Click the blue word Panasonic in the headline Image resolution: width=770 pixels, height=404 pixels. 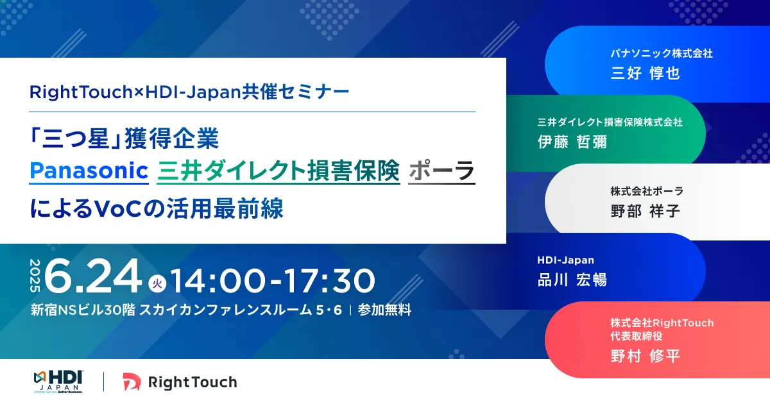89,171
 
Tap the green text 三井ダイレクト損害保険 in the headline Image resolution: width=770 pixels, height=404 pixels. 278,171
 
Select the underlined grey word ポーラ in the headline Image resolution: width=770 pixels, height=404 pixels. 441,171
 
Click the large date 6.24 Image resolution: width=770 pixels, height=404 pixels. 93,276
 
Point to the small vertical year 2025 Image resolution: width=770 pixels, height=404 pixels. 35,276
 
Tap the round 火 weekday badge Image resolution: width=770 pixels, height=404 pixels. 157,283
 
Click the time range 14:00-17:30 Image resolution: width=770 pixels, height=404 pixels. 273,281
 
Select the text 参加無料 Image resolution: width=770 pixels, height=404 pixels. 384,310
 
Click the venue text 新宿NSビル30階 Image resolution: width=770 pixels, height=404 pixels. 83,310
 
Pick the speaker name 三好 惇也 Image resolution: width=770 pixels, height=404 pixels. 646,73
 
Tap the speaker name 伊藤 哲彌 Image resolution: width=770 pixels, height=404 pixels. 572,142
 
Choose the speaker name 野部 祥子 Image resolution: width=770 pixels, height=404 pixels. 646,211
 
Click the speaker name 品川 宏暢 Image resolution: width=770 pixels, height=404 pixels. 572,280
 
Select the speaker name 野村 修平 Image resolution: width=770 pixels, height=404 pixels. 646,356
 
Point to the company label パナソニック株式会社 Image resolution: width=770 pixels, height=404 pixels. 662,53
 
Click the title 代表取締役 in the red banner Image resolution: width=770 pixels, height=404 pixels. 637,336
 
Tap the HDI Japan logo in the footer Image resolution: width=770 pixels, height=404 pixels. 58,382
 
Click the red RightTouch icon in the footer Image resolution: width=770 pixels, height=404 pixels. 132,382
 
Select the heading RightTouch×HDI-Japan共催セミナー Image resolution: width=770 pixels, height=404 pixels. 189,92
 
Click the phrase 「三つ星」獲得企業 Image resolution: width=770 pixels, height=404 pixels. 124,139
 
